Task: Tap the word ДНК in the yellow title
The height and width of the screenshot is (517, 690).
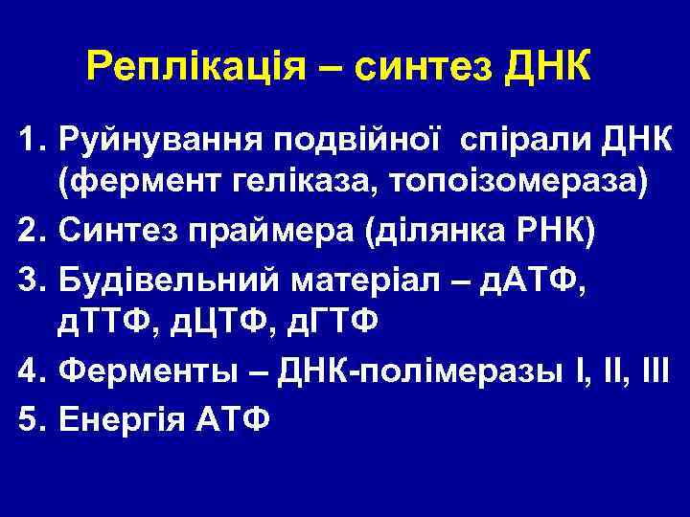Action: [543, 67]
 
